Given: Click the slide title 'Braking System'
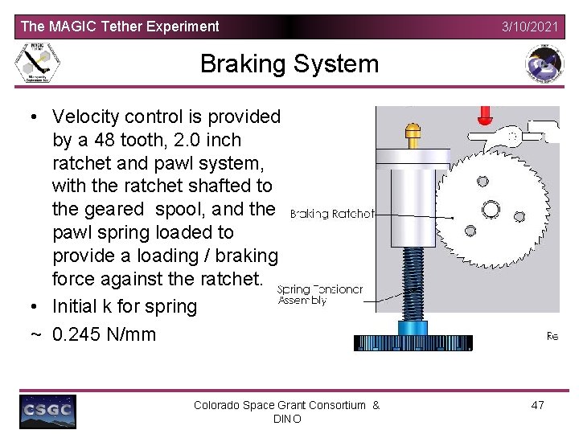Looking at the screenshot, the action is pos(289,63).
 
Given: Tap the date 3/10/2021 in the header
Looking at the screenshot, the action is pos(529,27).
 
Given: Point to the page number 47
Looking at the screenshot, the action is pos(537,404).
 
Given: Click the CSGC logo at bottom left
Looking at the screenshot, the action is pos(48,411).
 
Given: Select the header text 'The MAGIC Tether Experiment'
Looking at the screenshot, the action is pos(120,27).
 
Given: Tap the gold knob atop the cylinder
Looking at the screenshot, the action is pos(413,133).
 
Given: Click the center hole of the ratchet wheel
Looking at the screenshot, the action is pos(485,204).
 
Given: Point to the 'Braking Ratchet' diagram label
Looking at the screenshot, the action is pos(332,214).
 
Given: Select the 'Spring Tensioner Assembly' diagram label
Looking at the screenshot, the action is pos(319,295).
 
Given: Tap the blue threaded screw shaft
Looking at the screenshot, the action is pos(413,281).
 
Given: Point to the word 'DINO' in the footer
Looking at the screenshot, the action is pos(287,419).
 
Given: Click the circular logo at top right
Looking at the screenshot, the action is pos(544,63).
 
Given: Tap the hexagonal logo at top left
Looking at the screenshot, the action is pos(38,63).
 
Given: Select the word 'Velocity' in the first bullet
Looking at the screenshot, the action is pos(88,117).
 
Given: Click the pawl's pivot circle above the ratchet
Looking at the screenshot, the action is pos(512,137).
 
